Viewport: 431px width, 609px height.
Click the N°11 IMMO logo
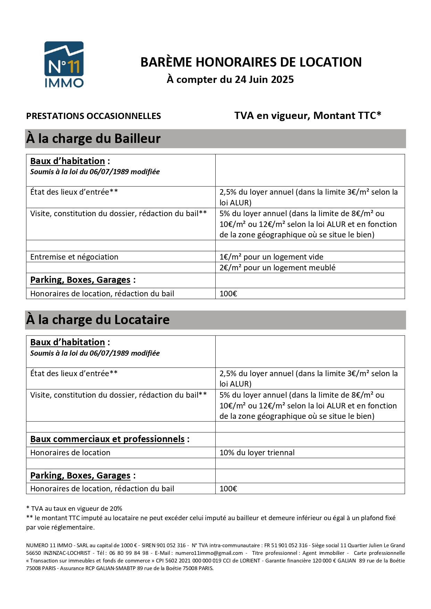tap(64, 64)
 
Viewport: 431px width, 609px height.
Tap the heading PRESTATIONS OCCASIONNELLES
tap(93, 116)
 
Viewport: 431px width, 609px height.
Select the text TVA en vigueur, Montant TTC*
tap(308, 116)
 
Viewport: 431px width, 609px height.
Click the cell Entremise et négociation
tap(74, 257)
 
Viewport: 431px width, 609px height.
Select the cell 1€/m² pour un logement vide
tap(271, 257)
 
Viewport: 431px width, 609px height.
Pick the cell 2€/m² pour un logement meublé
tap(277, 268)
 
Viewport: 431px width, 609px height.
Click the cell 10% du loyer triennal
tap(257, 452)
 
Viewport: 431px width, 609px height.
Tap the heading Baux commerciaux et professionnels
tap(107, 439)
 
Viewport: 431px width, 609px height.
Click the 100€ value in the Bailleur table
tap(228, 294)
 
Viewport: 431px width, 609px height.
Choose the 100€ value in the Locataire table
tap(228, 489)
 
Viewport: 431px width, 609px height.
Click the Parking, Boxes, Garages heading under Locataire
tap(80, 475)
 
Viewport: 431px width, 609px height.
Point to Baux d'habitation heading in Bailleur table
tap(67, 161)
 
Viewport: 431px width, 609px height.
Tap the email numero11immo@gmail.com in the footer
tap(209, 553)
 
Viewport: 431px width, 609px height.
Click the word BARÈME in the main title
tap(166, 62)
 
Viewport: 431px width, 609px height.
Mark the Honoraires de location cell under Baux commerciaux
tap(70, 452)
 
